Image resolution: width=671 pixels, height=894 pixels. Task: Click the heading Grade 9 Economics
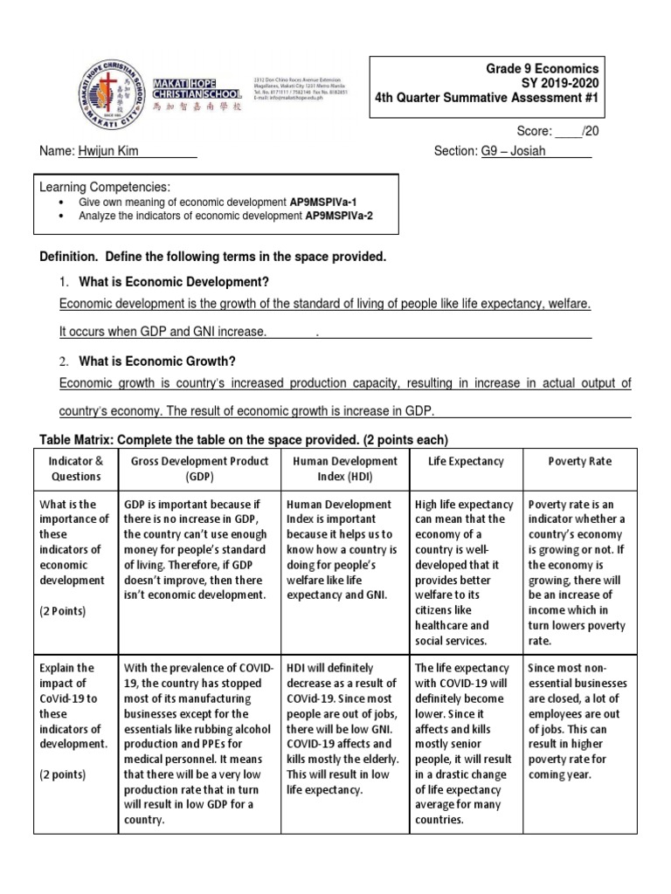543,68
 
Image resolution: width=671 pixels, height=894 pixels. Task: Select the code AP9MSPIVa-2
339,216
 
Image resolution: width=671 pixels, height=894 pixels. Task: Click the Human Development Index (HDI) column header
345,469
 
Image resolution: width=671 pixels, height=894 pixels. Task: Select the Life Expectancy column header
466,461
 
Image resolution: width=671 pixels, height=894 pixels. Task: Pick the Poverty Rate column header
580,461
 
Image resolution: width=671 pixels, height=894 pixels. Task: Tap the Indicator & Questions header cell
75,469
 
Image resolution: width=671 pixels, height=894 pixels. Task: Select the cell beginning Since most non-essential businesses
580,721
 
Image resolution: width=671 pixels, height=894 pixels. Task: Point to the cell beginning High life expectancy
466,572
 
